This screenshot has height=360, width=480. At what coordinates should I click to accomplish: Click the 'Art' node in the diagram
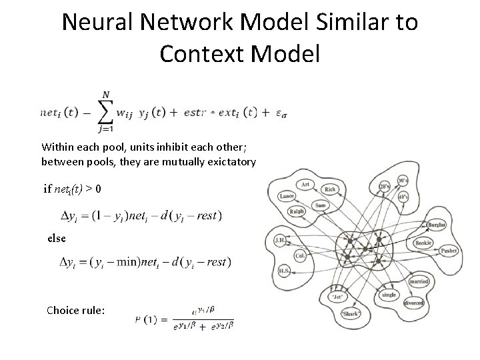[x=305, y=184]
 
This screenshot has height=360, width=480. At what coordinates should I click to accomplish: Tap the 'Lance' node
[x=288, y=196]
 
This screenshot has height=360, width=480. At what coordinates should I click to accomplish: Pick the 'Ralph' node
[x=297, y=213]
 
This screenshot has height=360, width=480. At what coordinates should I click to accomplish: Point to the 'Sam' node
[x=320, y=204]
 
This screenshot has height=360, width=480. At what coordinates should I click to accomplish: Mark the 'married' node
[x=421, y=281]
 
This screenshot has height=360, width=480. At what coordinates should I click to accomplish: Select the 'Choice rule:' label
[x=75, y=310]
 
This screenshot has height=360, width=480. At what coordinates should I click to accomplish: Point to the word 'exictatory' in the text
[x=227, y=161]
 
